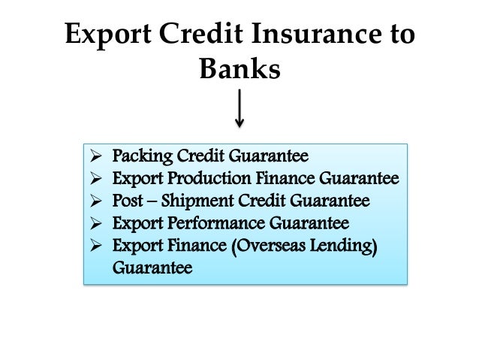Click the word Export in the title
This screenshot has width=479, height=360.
tap(106, 35)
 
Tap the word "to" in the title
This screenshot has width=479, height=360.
tap(397, 35)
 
